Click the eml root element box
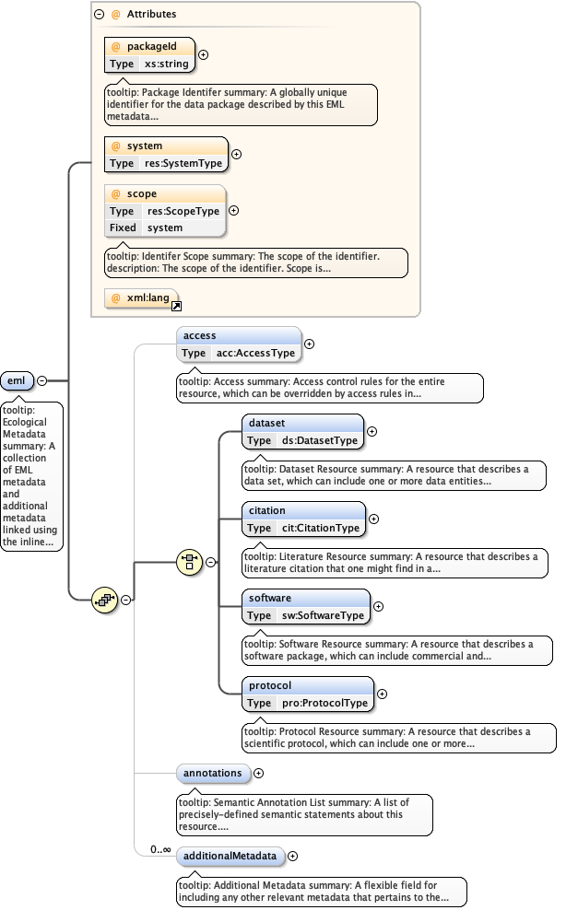pyautogui.click(x=18, y=381)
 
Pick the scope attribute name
pyautogui.click(x=141, y=194)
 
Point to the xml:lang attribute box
pyautogui.click(x=141, y=298)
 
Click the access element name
pyautogui.click(x=199, y=336)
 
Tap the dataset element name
pyautogui.click(x=267, y=423)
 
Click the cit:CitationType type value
pyautogui.click(x=321, y=529)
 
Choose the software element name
pyautogui.click(x=270, y=598)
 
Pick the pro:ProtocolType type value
pyautogui.click(x=324, y=704)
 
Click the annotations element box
pyautogui.click(x=213, y=774)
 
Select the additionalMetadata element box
pyautogui.click(x=230, y=857)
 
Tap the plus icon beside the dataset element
pyautogui.click(x=372, y=431)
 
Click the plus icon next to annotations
pyautogui.click(x=258, y=774)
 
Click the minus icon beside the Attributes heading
pyautogui.click(x=99, y=15)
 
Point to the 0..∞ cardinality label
pyautogui.click(x=161, y=849)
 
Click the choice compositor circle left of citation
pyautogui.click(x=188, y=563)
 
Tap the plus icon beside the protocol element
pyautogui.click(x=382, y=694)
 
